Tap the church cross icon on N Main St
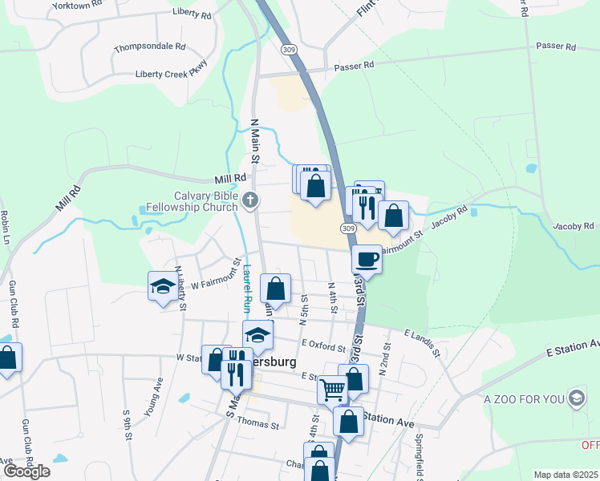tap(251, 200)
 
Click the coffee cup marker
tap(367, 259)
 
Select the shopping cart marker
tap(332, 390)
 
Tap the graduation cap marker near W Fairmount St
tap(163, 286)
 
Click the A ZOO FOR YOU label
tap(524, 398)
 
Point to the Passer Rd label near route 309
tap(355, 65)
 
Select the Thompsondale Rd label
tap(149, 47)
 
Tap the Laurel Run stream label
tap(247, 289)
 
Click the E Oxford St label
tap(323, 346)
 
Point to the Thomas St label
tap(257, 423)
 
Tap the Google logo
tap(26, 471)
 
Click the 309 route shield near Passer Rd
tap(289, 50)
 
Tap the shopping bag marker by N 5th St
tap(275, 289)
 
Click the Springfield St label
tap(419, 459)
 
